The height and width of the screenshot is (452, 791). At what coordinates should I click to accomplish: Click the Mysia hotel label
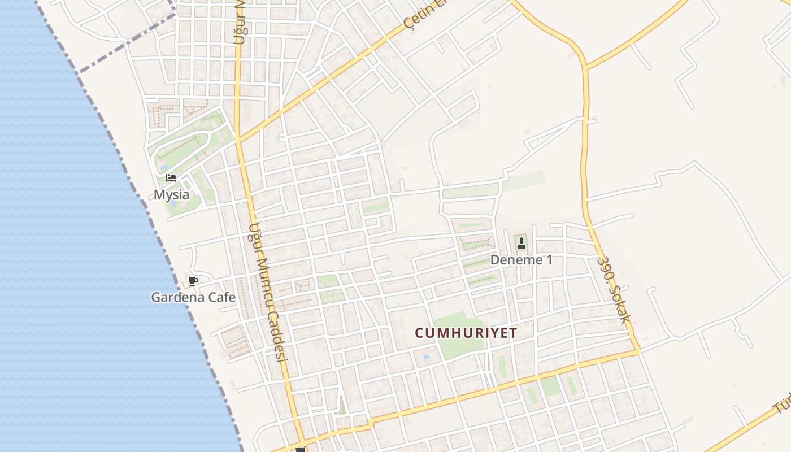172,195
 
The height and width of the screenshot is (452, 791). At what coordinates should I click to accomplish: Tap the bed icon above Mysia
171,178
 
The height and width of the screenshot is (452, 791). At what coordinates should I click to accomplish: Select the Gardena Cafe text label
193,297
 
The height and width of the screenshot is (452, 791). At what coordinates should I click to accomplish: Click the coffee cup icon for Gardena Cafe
193,281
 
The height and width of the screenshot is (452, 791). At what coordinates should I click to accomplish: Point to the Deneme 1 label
521,260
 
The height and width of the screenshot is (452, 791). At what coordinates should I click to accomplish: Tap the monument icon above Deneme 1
521,244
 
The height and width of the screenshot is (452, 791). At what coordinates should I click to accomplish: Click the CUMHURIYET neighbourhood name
466,333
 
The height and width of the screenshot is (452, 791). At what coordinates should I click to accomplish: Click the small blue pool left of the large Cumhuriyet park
427,357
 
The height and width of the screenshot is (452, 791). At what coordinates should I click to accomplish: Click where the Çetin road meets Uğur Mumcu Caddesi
239,140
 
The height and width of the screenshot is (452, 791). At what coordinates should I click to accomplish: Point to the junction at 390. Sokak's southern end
639,352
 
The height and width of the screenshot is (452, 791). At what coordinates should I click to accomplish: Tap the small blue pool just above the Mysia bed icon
163,168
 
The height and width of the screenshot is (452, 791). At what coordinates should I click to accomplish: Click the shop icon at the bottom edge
300,450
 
